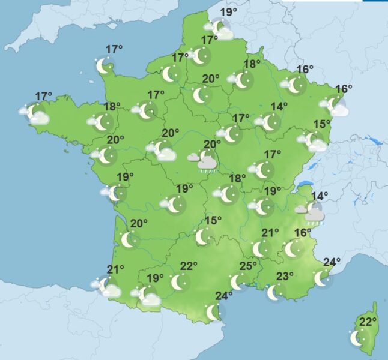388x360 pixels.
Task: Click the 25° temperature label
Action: coord(249,266)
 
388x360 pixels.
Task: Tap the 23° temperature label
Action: coord(285,277)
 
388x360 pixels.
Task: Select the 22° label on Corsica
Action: coord(368,322)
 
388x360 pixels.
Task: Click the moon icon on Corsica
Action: coord(357,338)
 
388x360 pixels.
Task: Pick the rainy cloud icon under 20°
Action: coord(206,161)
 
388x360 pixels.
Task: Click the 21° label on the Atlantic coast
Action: coord(115,269)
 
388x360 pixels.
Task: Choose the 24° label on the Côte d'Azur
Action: coord(332,262)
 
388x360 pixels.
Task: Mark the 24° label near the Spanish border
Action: coord(224,295)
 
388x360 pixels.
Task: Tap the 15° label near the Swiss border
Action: coord(322,124)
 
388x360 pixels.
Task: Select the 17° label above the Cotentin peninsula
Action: coord(114,49)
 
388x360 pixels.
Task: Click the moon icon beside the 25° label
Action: coord(238,281)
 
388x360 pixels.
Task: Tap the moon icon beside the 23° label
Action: coord(274,292)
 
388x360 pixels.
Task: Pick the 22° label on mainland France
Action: coord(189,266)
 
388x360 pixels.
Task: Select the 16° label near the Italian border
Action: coord(303,233)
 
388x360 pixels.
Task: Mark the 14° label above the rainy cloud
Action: coord(319,196)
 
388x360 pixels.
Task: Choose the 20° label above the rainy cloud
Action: coord(212,144)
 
